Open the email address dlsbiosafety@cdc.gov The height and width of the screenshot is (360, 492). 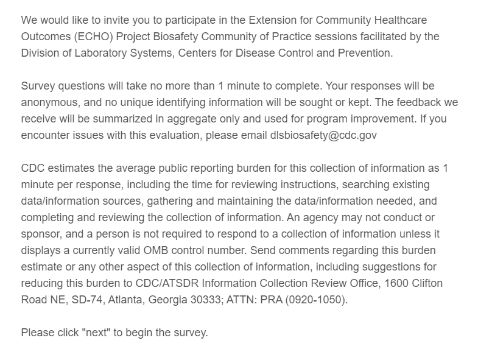(x=323, y=135)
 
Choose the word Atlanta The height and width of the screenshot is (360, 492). (x=135, y=300)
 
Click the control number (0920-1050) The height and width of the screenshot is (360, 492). (x=317, y=300)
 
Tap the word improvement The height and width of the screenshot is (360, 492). (x=384, y=119)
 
